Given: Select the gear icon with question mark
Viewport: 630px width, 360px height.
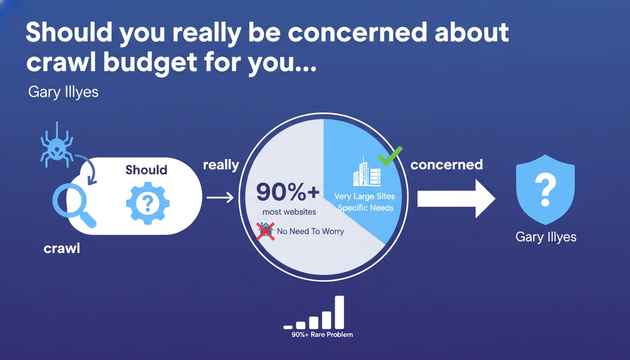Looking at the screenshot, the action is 148,203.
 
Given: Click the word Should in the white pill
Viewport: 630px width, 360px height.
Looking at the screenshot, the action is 146,170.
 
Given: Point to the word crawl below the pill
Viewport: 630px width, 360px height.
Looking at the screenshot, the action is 62,248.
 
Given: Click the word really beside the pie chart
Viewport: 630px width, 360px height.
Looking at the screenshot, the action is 221,165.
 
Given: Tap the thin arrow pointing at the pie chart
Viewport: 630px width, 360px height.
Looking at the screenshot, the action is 220,197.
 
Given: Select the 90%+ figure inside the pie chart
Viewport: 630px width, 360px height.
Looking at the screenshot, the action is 288,192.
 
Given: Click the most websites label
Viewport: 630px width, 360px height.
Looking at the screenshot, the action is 289,212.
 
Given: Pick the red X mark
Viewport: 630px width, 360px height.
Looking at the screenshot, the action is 265,232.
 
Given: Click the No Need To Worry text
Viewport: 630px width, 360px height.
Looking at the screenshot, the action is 310,231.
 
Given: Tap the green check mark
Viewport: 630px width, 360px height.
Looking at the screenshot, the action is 390,156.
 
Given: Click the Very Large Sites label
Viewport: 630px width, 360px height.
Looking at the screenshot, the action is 365,196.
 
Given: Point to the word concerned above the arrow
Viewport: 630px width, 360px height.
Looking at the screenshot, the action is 447,165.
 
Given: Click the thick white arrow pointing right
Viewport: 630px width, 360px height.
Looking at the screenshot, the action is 456,199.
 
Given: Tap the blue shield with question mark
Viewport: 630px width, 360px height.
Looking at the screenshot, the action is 545,189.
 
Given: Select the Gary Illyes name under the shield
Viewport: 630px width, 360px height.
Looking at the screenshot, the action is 546,237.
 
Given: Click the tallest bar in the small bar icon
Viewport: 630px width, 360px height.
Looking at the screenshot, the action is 339,312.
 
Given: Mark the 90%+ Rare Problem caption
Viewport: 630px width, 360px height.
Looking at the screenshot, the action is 322,335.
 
